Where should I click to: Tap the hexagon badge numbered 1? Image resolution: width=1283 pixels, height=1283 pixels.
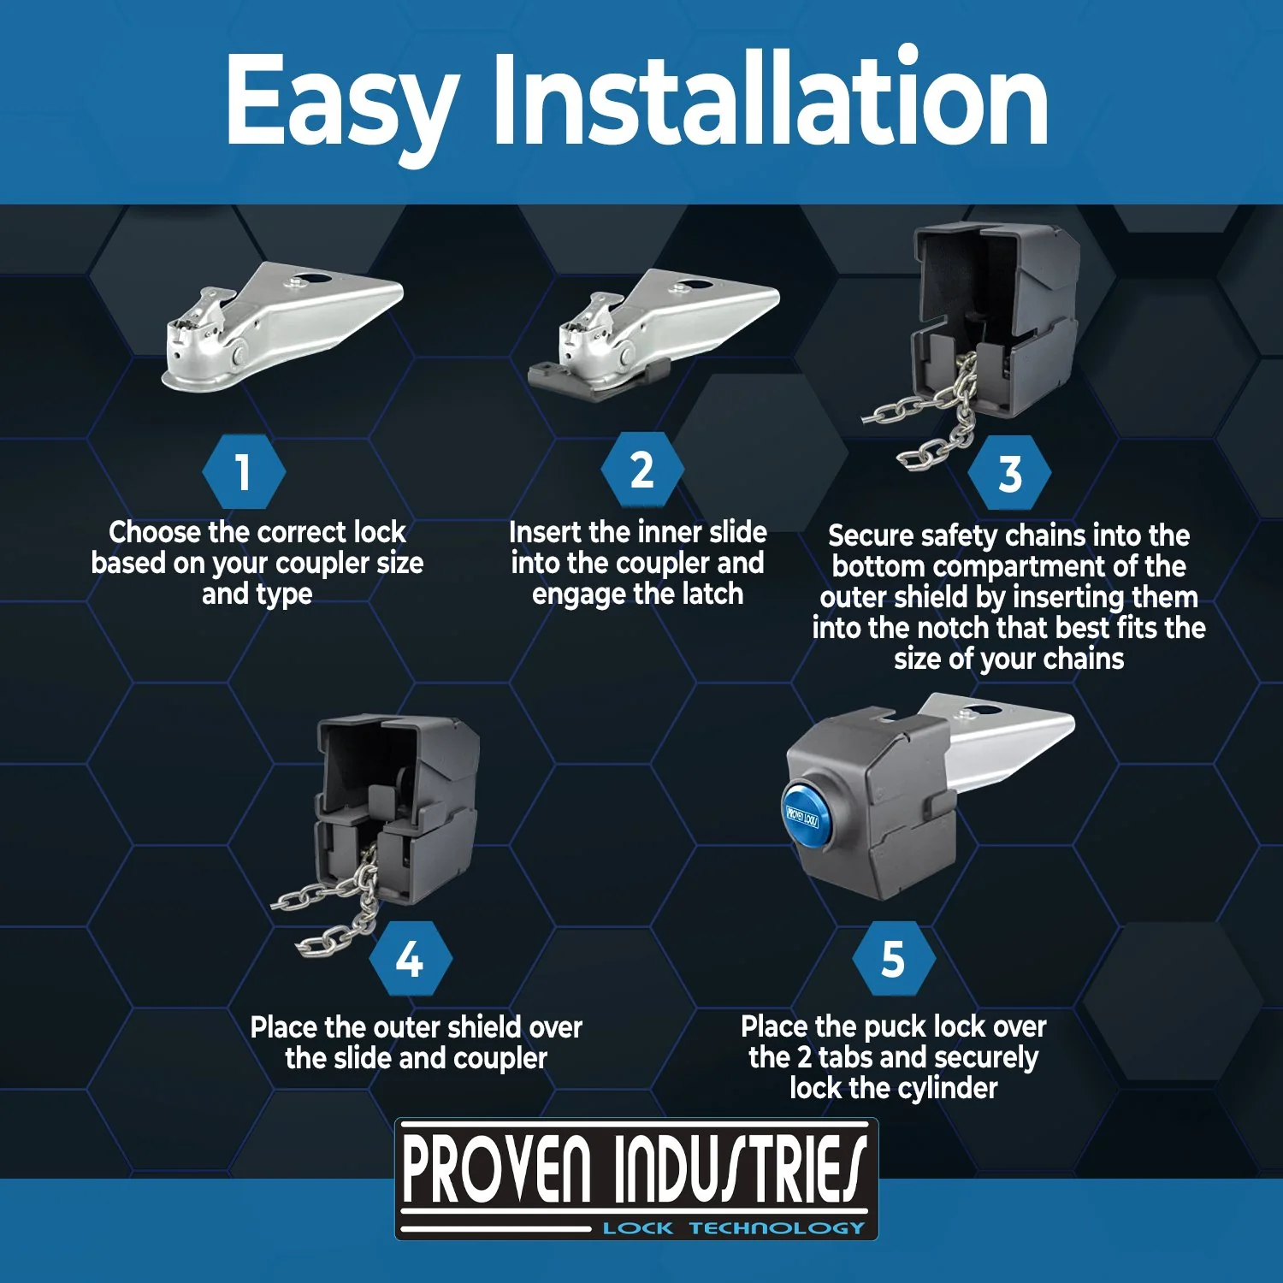(x=244, y=472)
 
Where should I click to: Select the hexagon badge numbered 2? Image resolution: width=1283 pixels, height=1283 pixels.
(x=641, y=470)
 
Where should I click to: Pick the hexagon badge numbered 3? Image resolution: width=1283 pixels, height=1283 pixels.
(x=1010, y=473)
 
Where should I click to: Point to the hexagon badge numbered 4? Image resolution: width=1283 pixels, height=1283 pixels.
(x=410, y=959)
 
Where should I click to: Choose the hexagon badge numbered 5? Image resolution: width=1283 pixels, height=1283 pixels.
(x=893, y=959)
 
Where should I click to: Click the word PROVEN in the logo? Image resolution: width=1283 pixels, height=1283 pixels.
(x=496, y=1169)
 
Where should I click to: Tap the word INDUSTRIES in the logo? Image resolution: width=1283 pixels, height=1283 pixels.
(x=740, y=1169)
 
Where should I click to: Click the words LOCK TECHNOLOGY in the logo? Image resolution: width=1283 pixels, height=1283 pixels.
(x=734, y=1228)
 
